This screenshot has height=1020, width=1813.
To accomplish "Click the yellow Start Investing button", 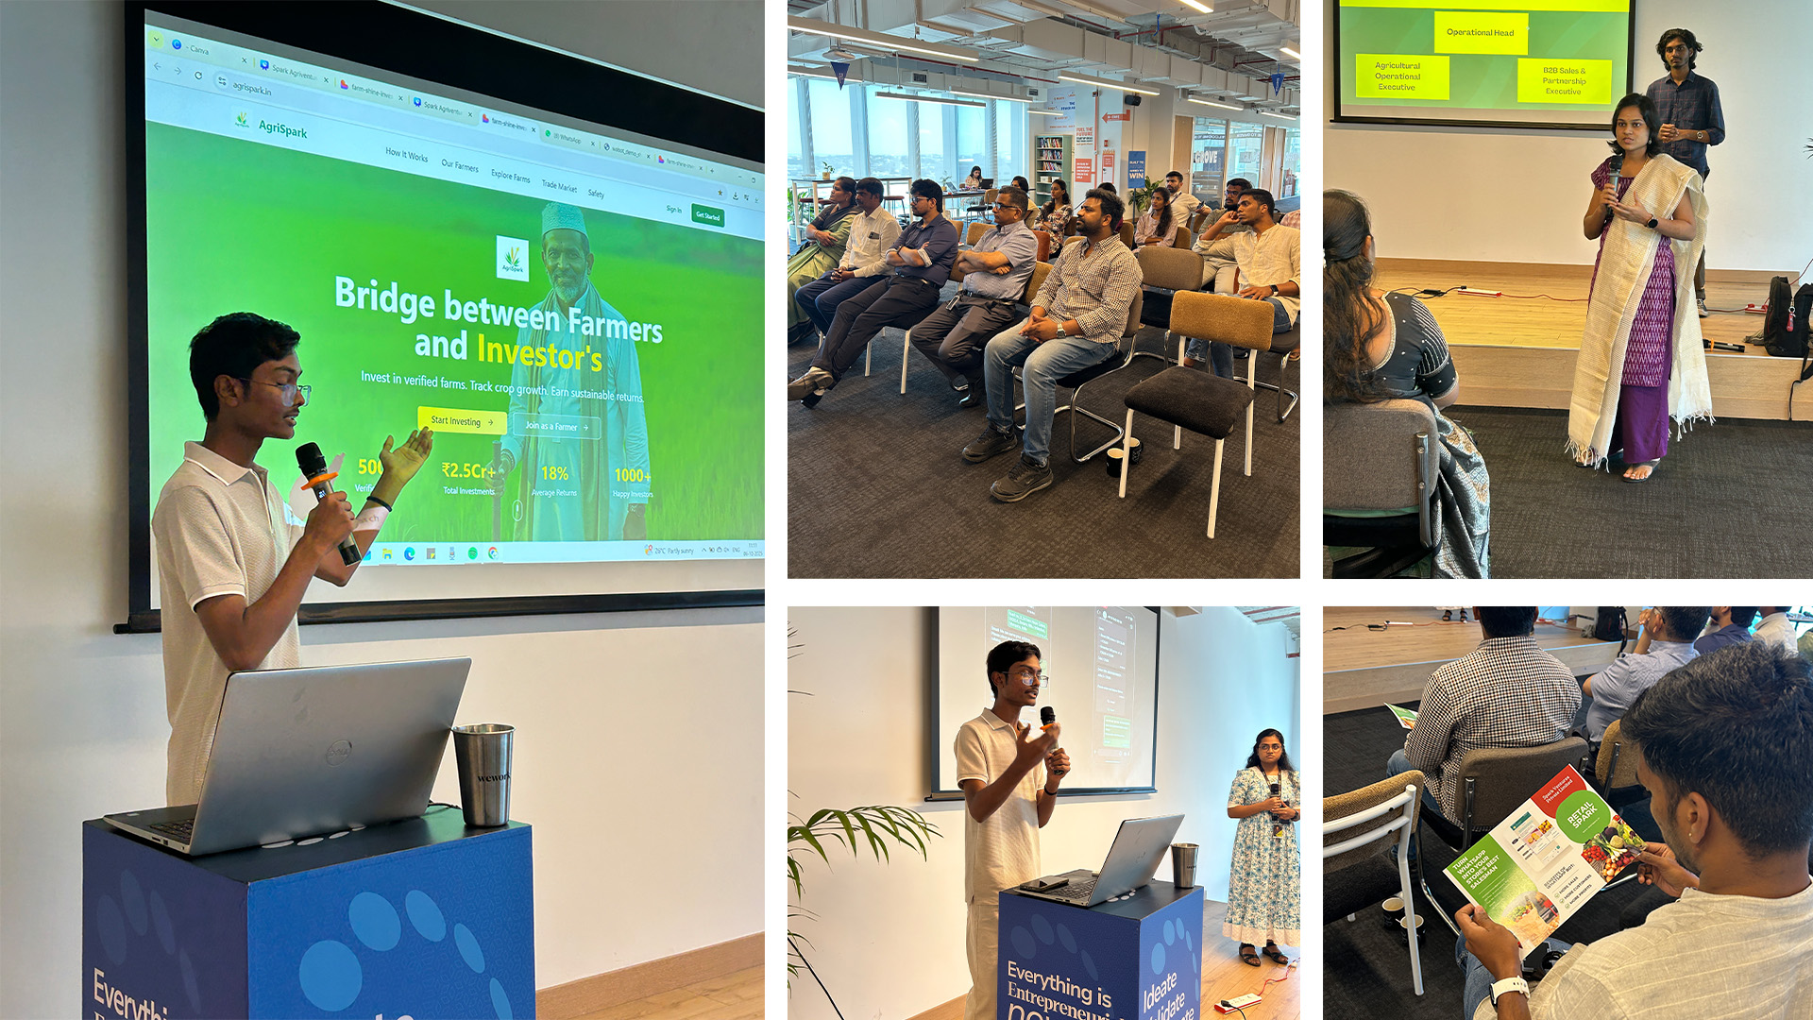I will click(x=461, y=421).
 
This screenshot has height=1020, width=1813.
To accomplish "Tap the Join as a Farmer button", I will click(x=556, y=427).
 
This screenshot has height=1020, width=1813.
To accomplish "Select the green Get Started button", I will click(x=707, y=215).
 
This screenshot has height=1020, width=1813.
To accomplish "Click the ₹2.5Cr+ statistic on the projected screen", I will click(x=468, y=470).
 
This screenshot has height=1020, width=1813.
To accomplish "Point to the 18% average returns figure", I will click(x=554, y=473).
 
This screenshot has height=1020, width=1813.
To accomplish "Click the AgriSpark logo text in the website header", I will click(x=282, y=129).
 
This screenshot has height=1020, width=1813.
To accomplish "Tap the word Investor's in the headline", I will click(x=539, y=355).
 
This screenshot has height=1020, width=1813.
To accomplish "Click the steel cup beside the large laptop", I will click(x=483, y=774).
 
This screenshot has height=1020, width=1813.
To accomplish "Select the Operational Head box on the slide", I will click(x=1480, y=33).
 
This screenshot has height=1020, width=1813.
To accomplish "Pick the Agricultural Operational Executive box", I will click(x=1398, y=76).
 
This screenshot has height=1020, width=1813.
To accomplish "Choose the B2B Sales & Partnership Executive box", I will click(x=1564, y=80).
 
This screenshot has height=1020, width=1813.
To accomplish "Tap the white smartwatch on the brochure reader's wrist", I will click(x=1509, y=990).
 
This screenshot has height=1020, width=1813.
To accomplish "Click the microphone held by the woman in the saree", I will click(x=1614, y=176).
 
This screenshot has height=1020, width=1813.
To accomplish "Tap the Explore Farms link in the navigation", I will click(x=510, y=176).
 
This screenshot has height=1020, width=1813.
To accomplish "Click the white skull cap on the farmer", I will click(x=564, y=220).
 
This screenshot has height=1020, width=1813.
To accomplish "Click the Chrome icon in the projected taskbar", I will click(x=493, y=553).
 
